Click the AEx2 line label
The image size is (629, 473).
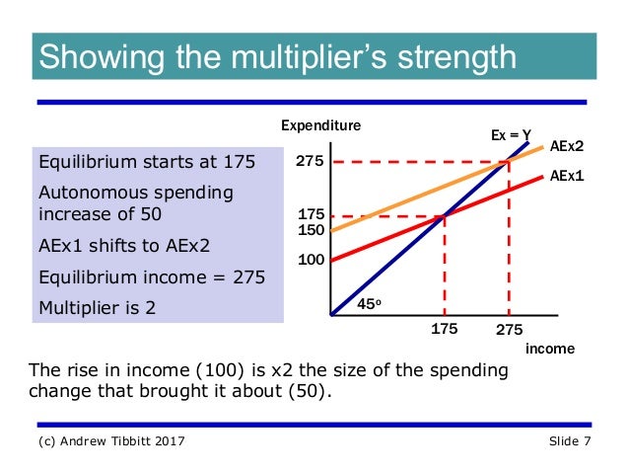[567, 146]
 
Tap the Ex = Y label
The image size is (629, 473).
[512, 134]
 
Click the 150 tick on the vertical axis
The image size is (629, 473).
[312, 229]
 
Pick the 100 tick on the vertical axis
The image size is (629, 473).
[312, 259]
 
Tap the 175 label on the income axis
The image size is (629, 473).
[445, 330]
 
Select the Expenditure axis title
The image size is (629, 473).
[321, 125]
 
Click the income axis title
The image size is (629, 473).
[549, 349]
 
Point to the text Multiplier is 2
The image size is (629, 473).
[97, 306]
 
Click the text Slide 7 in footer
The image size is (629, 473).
[570, 440]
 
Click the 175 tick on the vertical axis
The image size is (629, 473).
[312, 214]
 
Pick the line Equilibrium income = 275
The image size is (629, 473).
[151, 277]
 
